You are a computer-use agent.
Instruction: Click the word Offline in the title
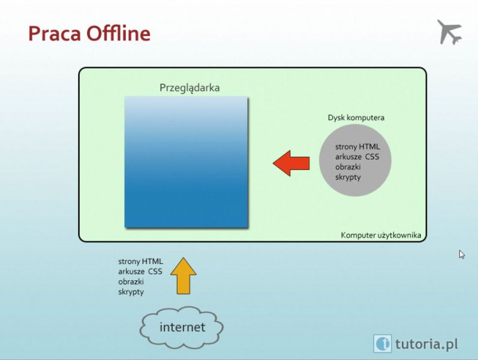tap(119, 33)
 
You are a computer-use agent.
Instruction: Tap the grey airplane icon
tap(450, 32)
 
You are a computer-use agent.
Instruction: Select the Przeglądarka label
tap(190, 88)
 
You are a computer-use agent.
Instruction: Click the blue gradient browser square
tap(187, 162)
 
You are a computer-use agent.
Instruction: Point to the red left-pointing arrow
tap(291, 163)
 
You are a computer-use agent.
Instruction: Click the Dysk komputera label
tap(356, 118)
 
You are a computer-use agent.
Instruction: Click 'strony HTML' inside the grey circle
tap(357, 147)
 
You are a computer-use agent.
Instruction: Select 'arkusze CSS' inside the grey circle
tap(357, 157)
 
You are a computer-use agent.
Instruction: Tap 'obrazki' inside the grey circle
tap(348, 167)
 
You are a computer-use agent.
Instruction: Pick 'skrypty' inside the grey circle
tap(348, 177)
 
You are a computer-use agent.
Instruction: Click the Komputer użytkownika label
tap(381, 235)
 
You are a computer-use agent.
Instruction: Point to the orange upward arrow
tap(183, 276)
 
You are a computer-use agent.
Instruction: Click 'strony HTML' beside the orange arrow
tap(140, 262)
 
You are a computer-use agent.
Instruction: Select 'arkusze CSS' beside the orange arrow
tap(140, 272)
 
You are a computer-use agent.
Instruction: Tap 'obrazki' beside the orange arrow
tap(131, 281)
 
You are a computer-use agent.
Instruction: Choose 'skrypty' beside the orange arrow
tap(131, 292)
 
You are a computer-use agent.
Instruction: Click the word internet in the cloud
tap(182, 327)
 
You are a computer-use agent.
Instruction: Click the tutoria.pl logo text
tap(426, 344)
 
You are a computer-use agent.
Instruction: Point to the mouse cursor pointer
tap(462, 254)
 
